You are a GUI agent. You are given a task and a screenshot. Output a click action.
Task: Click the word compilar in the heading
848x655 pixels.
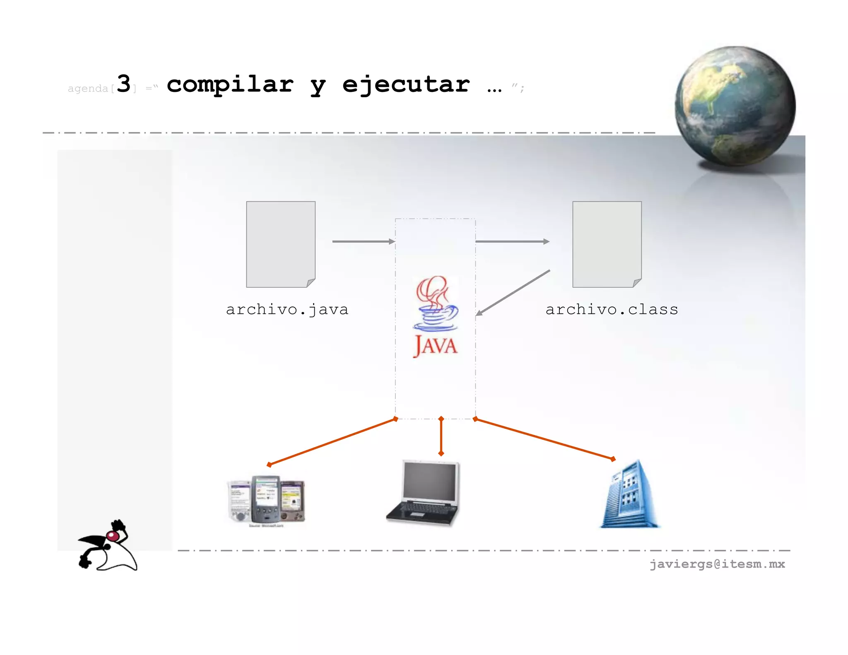click(230, 85)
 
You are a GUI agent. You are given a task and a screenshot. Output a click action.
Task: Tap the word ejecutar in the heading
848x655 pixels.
click(406, 85)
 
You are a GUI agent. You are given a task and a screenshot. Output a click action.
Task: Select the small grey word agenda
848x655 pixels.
click(88, 89)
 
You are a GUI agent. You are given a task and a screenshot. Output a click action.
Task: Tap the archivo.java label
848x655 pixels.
click(287, 310)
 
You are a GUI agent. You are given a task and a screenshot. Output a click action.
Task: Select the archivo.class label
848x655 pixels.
click(612, 310)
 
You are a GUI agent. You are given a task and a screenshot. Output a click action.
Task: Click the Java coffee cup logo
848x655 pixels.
click(435, 304)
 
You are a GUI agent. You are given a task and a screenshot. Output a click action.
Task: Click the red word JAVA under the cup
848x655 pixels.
click(435, 346)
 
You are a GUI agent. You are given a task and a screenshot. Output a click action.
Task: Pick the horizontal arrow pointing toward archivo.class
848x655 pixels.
click(512, 241)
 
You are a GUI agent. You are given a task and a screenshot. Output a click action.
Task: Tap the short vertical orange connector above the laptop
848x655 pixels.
click(441, 436)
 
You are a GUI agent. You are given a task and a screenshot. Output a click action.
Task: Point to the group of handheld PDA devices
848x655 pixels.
click(266, 500)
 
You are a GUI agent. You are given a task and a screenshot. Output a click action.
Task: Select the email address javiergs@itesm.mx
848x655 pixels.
click(717, 564)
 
